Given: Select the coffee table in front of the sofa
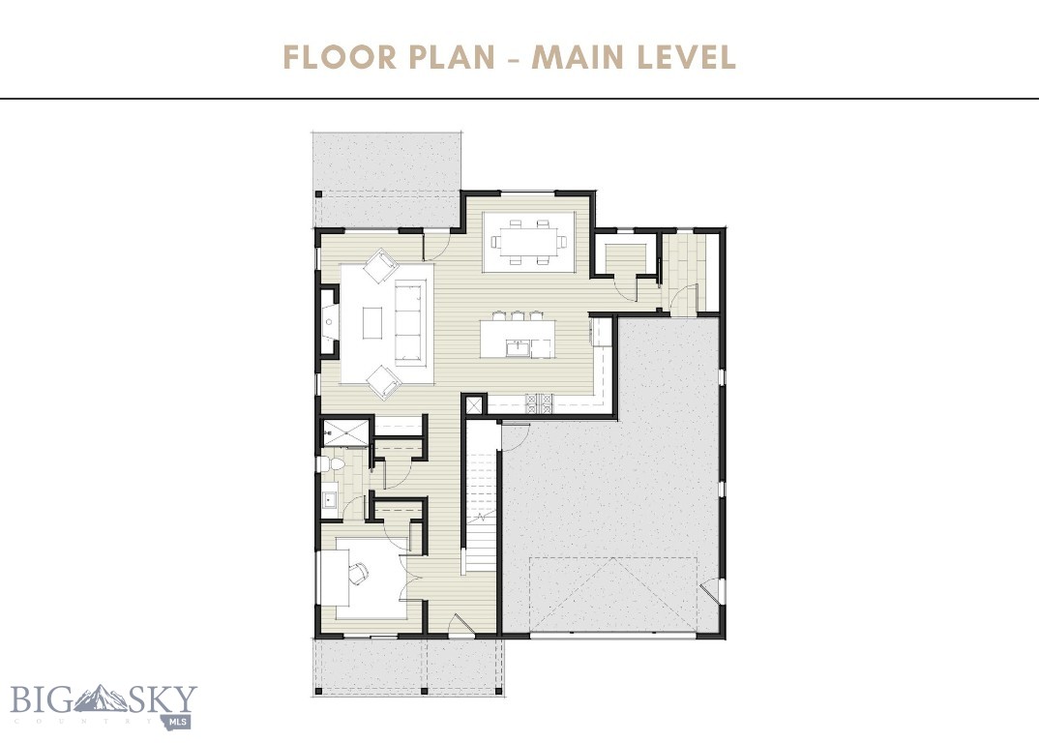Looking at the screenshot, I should (x=373, y=322).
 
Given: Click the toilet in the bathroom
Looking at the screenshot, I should (x=334, y=465).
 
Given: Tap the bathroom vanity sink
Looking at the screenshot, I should (x=329, y=499).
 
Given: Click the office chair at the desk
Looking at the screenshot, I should (x=358, y=574).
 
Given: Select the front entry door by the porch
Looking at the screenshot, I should (x=462, y=630).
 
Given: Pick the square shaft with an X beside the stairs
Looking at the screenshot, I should (x=474, y=405).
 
